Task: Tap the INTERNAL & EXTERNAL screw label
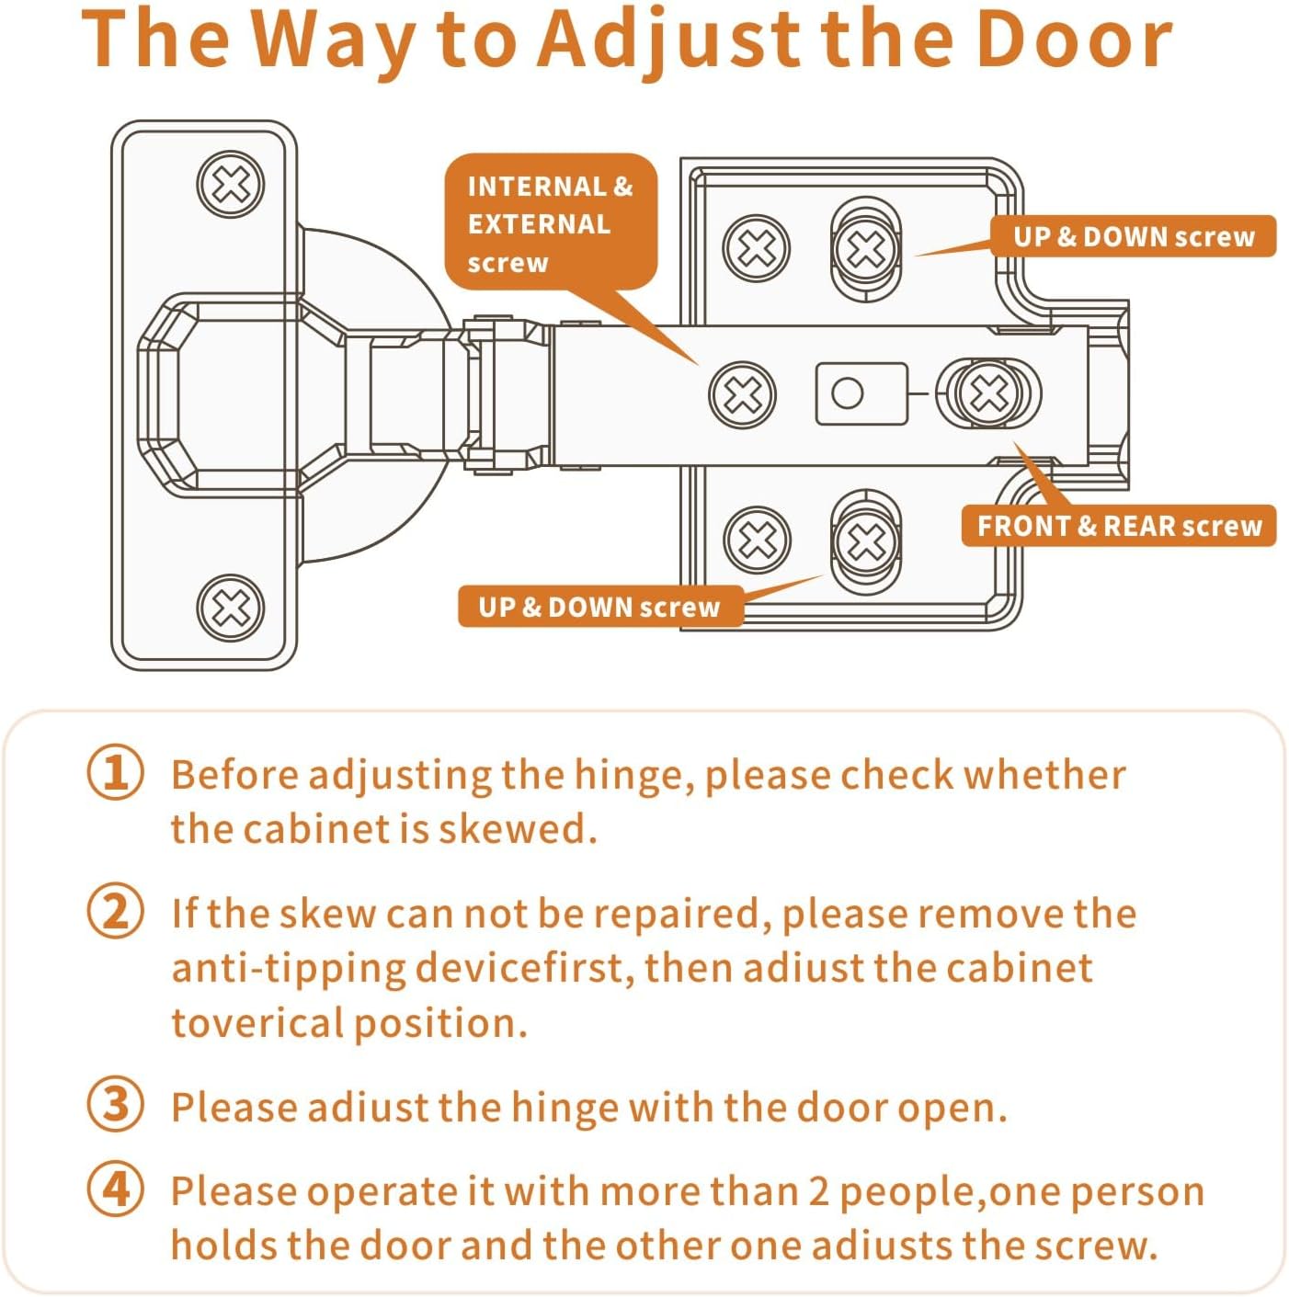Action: [550, 223]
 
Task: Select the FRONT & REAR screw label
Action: [1119, 526]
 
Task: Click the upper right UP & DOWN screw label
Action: [1133, 236]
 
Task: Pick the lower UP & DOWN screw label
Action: [599, 607]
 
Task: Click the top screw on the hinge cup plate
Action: [231, 185]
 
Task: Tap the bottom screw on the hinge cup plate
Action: [231, 608]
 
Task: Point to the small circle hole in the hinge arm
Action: [847, 393]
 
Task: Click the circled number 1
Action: [116, 773]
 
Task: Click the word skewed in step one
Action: [517, 828]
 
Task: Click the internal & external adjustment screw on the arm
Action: [743, 395]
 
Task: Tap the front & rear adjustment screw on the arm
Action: [989, 393]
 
